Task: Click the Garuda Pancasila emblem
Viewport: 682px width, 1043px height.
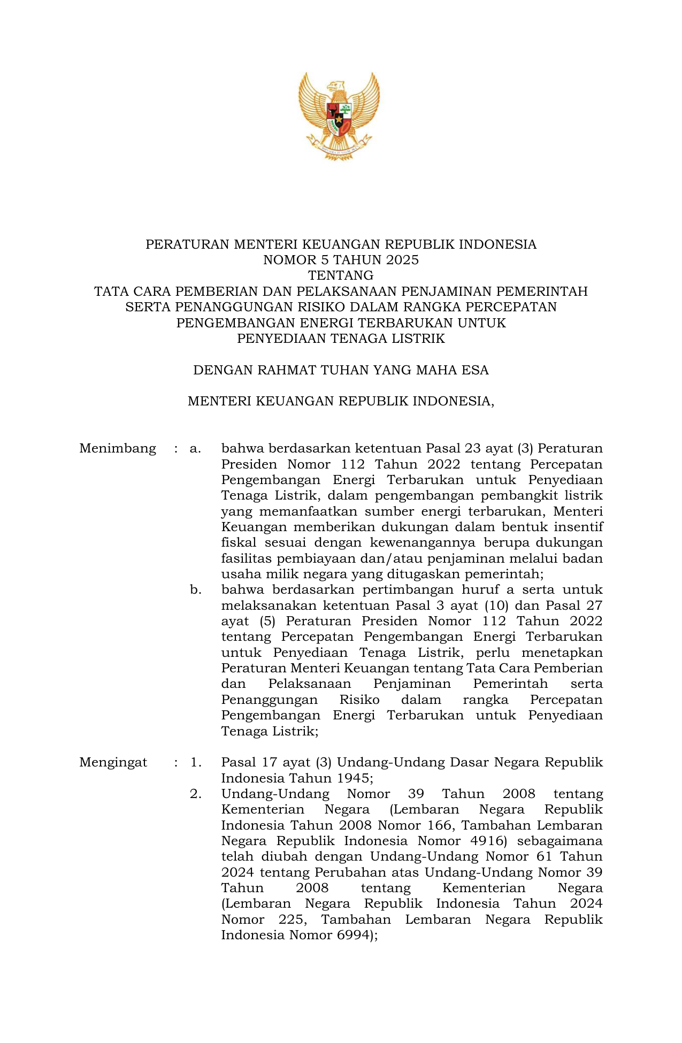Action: tap(339, 116)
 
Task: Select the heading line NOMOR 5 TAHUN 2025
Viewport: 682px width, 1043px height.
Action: tap(341, 260)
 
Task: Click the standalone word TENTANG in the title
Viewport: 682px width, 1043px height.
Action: tap(341, 276)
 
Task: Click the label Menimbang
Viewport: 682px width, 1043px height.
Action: tap(118, 448)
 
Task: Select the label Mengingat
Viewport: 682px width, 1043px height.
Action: tap(113, 762)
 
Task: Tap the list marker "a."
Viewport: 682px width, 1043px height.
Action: tap(195, 448)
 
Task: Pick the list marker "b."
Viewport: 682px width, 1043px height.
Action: tap(195, 590)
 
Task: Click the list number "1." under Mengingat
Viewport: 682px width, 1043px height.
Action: tap(196, 762)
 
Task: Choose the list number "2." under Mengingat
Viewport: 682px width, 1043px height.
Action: tap(196, 794)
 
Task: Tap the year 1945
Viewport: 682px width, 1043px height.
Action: tap(352, 778)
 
